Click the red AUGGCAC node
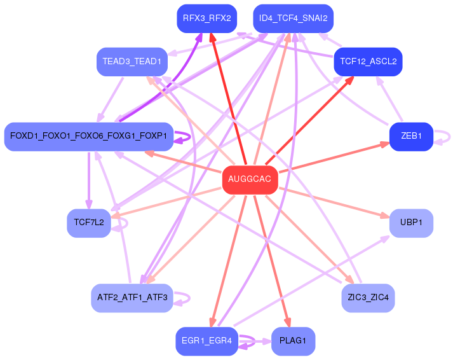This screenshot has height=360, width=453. pyautogui.click(x=250, y=180)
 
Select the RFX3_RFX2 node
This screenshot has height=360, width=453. pyautogui.click(x=206, y=18)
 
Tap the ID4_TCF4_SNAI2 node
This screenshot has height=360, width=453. pyautogui.click(x=293, y=18)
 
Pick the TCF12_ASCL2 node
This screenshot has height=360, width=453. pyautogui.click(x=368, y=62)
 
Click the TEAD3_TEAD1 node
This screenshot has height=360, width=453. pyautogui.click(x=132, y=62)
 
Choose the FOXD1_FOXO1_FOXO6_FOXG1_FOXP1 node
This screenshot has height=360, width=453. pyautogui.click(x=88, y=136)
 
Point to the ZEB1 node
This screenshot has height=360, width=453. pyautogui.click(x=411, y=136)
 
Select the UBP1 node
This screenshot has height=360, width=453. pyautogui.click(x=411, y=223)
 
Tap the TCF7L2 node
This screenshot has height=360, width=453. pyautogui.click(x=88, y=223)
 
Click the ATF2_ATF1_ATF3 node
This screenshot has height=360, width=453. pyautogui.click(x=132, y=298)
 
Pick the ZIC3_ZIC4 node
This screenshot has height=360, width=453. pyautogui.click(x=368, y=298)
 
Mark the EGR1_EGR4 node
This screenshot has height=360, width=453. pyautogui.click(x=206, y=342)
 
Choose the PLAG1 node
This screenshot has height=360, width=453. pyautogui.click(x=293, y=342)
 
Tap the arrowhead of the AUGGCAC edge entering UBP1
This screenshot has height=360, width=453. pyautogui.click(x=385, y=216)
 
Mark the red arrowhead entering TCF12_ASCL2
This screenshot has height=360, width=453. pyautogui.click(x=351, y=79)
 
